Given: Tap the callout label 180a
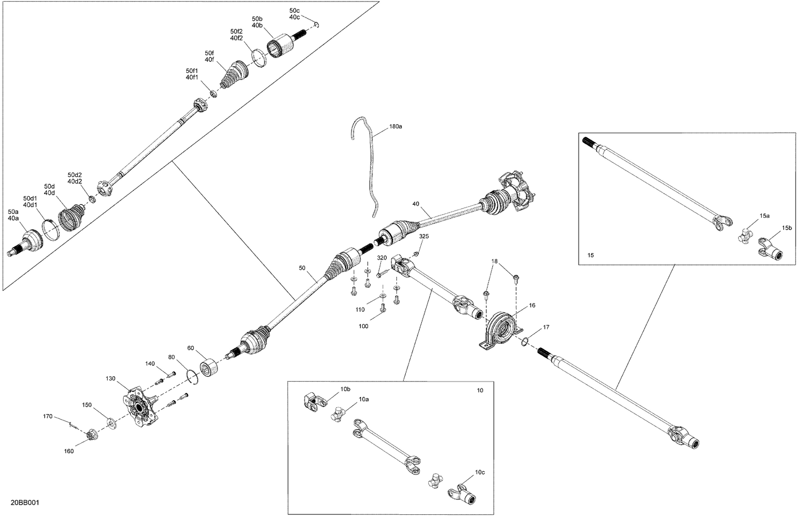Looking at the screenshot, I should tap(395, 127).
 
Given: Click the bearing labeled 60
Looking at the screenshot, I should tap(209, 367).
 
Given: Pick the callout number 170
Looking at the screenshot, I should tap(47, 416).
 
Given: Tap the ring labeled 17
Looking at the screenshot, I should tap(525, 342).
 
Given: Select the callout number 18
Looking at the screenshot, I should tap(494, 261).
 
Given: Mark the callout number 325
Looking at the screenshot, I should tap(423, 236).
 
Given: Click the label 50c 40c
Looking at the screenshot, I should tap(294, 14).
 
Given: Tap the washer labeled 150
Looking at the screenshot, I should tap(111, 423).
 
